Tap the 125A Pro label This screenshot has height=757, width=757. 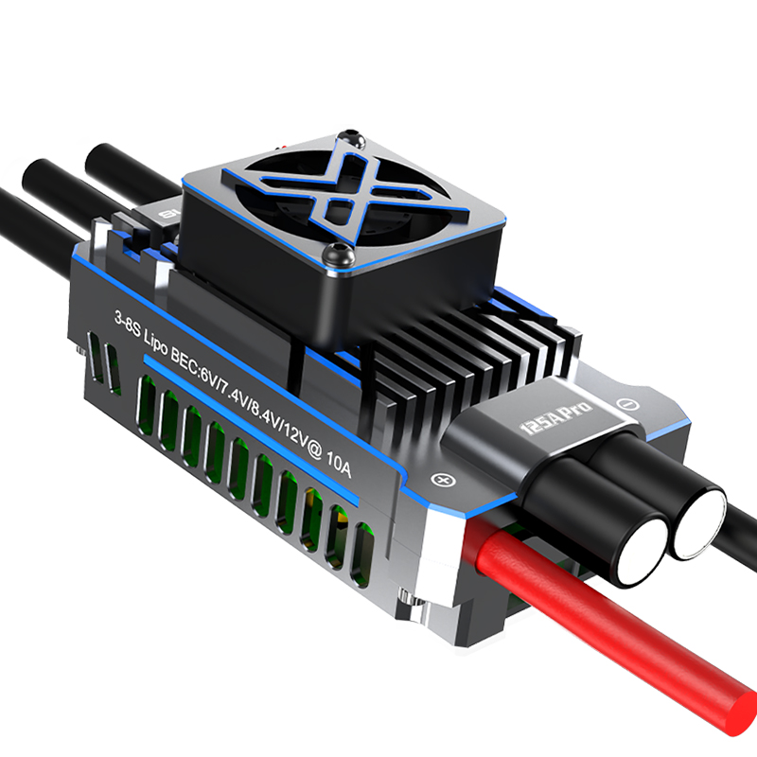coord(555,417)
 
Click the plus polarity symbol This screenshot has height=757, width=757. coord(440,480)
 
